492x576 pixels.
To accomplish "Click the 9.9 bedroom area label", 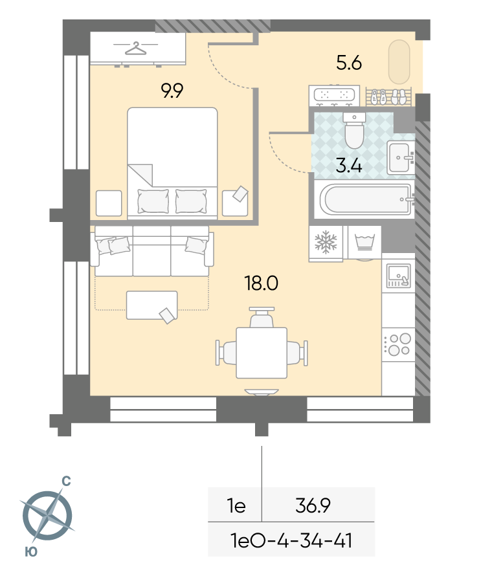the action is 172,91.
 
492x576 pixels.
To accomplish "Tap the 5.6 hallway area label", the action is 349,63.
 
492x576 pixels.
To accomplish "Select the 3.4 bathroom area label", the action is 349,166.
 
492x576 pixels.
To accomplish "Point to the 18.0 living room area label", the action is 262,283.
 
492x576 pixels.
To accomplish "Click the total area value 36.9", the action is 313,505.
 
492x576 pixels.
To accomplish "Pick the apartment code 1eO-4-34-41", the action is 291,540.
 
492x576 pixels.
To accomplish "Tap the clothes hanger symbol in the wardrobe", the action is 135,48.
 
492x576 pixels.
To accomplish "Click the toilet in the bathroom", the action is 354,130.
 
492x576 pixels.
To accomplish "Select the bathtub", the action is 366,199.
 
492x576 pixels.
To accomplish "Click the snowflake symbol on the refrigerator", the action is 326,243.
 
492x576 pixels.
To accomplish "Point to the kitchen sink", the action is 398,276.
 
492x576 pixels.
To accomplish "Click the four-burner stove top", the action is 398,344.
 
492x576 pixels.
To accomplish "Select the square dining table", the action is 262,353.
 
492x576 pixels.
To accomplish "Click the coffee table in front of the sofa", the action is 151,305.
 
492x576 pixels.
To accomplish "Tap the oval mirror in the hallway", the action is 399,62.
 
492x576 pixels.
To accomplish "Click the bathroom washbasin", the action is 400,158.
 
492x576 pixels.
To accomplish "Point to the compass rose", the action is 47,515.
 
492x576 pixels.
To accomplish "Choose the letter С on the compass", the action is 66,481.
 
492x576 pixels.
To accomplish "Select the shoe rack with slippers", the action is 389,96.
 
